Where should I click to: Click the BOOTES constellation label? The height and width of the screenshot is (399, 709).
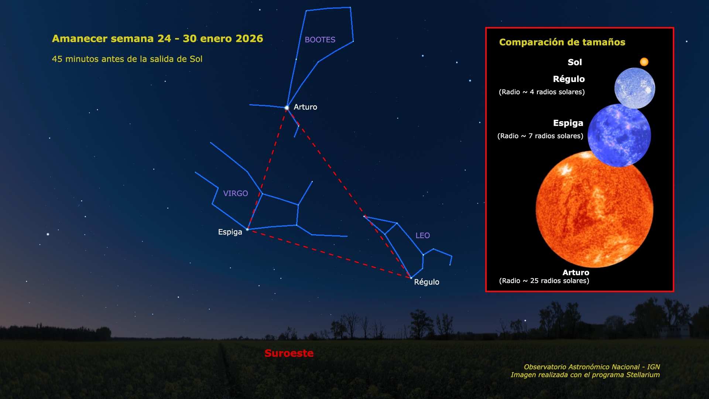click(320, 40)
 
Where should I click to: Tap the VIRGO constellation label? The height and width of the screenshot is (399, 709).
click(235, 193)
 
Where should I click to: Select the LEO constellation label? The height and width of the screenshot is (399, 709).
click(422, 235)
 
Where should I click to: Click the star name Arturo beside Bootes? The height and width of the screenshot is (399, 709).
click(305, 107)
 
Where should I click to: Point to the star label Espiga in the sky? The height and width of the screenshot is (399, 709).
click(230, 232)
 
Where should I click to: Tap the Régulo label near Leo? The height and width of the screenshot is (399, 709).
click(427, 282)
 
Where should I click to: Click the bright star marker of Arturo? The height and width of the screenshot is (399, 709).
click(287, 108)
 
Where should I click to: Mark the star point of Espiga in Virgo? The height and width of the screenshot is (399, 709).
click(247, 229)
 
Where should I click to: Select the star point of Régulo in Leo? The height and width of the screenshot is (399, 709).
click(411, 278)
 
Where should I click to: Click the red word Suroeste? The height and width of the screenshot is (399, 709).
click(289, 353)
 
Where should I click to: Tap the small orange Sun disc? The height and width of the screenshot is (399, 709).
click(644, 62)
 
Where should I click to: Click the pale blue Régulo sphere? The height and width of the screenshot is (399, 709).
click(635, 88)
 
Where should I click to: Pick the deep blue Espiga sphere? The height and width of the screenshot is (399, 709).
click(619, 135)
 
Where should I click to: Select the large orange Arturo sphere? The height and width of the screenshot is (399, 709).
click(595, 209)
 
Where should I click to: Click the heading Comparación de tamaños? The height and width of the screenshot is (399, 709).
click(562, 42)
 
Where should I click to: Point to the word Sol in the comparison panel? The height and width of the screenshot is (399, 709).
click(575, 62)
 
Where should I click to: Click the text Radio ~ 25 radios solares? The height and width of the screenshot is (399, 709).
click(544, 281)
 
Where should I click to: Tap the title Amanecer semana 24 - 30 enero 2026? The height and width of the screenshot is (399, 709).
click(158, 38)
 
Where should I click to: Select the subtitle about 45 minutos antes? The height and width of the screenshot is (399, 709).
click(127, 59)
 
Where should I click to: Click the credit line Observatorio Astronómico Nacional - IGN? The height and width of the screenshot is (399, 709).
click(592, 367)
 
